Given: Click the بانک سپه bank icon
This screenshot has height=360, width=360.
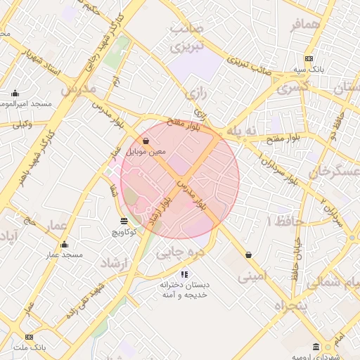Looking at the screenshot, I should point(309,58).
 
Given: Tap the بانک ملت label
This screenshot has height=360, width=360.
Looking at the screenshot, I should point(29,347).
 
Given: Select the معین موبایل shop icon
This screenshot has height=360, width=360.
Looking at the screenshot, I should point(146,141).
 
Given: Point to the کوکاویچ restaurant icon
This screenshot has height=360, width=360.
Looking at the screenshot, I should point(124,221).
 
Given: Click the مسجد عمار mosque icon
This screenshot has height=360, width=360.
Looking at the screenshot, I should point(64,245).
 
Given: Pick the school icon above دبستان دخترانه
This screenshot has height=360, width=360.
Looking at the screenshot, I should point(184,274).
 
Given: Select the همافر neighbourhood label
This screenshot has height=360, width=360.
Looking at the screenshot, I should point(306,25).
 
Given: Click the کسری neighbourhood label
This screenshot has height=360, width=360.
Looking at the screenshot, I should point(293,89).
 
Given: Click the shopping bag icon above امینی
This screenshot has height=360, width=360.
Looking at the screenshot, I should point(248,255).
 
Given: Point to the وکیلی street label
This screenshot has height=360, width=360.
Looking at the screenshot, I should point(22,124).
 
